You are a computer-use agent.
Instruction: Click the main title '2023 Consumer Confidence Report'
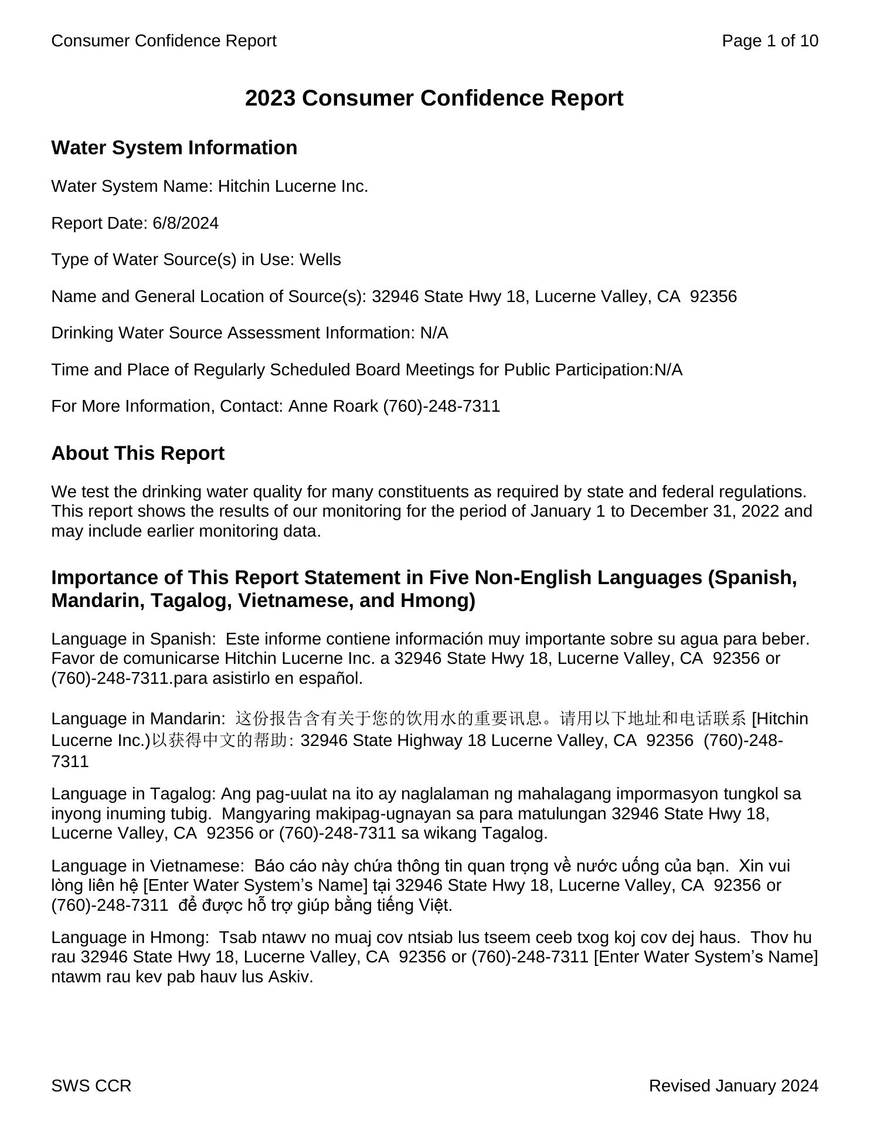click(x=434, y=98)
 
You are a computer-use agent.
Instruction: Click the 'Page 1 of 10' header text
click(x=770, y=40)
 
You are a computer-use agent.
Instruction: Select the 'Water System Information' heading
click(x=174, y=147)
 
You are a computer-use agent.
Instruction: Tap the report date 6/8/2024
click(x=185, y=223)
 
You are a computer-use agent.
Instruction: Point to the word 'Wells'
click(x=320, y=260)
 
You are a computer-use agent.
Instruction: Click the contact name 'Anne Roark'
click(x=333, y=406)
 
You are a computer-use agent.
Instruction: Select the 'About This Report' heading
click(x=138, y=453)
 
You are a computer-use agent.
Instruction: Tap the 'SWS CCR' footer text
click(x=91, y=1086)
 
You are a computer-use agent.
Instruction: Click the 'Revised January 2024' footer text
click(x=733, y=1086)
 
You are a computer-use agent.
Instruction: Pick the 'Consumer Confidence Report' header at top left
click(x=164, y=40)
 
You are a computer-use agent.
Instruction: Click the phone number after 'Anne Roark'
click(x=441, y=406)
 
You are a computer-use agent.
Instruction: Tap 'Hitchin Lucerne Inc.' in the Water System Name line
click(x=293, y=186)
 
